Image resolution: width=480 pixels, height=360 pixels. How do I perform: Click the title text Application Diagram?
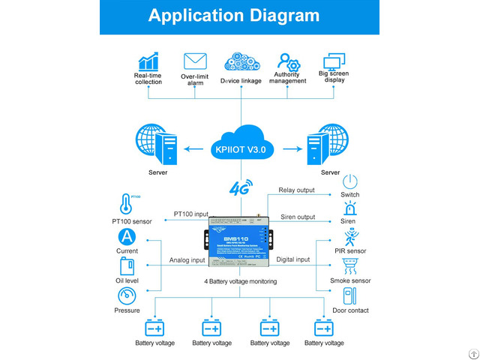point(239,16)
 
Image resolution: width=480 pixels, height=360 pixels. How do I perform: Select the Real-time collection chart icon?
point(148,61)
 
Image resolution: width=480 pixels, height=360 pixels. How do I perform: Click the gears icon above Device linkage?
point(241,61)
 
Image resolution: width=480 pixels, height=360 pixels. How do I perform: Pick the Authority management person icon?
point(288,61)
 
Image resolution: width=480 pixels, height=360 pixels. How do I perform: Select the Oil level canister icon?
point(127,266)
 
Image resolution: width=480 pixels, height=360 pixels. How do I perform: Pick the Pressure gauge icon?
point(127,295)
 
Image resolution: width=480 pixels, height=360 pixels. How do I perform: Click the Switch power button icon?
point(350,182)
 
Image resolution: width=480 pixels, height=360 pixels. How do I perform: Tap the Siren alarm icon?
point(350,210)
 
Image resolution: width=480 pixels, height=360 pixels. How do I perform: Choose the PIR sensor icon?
point(350,238)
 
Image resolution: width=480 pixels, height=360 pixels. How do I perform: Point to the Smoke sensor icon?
point(350,266)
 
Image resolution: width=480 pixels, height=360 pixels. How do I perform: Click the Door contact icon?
point(350,295)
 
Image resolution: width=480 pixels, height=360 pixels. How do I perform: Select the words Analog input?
point(187,260)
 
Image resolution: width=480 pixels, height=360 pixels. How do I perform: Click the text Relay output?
point(297,190)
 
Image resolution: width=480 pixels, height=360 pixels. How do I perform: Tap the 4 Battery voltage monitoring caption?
point(240,281)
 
